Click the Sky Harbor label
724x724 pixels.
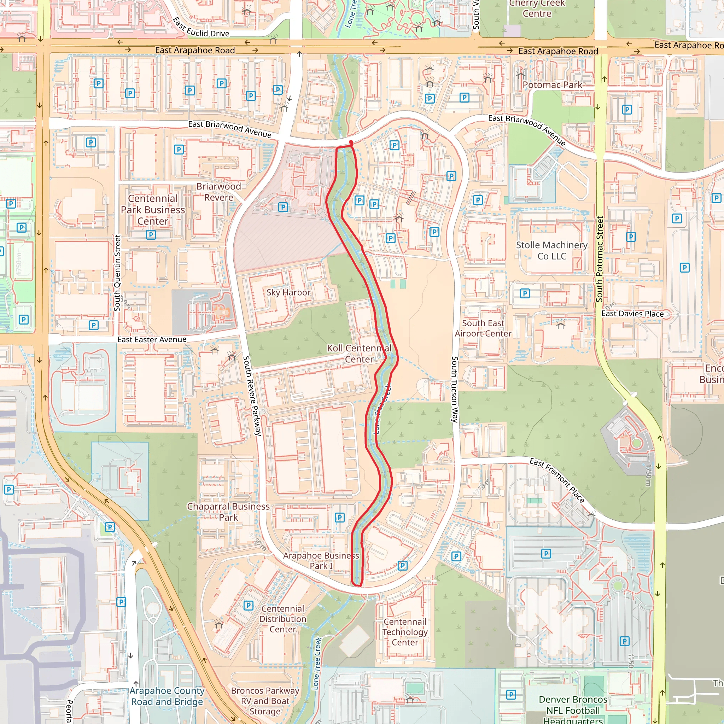288,292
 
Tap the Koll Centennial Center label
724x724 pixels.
359,354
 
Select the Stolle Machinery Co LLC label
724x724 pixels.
551,250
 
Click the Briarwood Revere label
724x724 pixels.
218,192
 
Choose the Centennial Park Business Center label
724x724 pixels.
152,210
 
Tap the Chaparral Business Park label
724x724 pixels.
228,512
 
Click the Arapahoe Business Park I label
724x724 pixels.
321,561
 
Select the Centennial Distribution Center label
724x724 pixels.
282,619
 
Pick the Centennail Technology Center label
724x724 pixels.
405,632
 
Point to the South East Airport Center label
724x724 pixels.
483,328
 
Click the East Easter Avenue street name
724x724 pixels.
152,339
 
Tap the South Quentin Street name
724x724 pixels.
117,273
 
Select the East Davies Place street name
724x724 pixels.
632,314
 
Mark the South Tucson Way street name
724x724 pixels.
455,389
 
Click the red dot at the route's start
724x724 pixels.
351,142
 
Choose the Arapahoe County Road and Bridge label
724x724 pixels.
167,696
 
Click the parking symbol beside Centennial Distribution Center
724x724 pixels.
248,605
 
